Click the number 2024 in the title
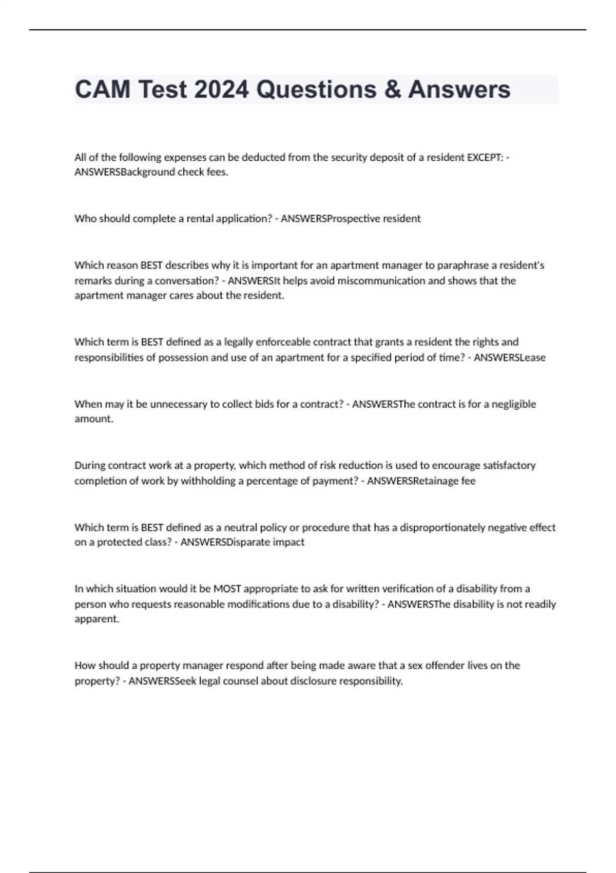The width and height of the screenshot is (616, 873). click(221, 89)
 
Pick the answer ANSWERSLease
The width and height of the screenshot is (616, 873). click(509, 357)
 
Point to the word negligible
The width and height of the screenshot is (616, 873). click(513, 404)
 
